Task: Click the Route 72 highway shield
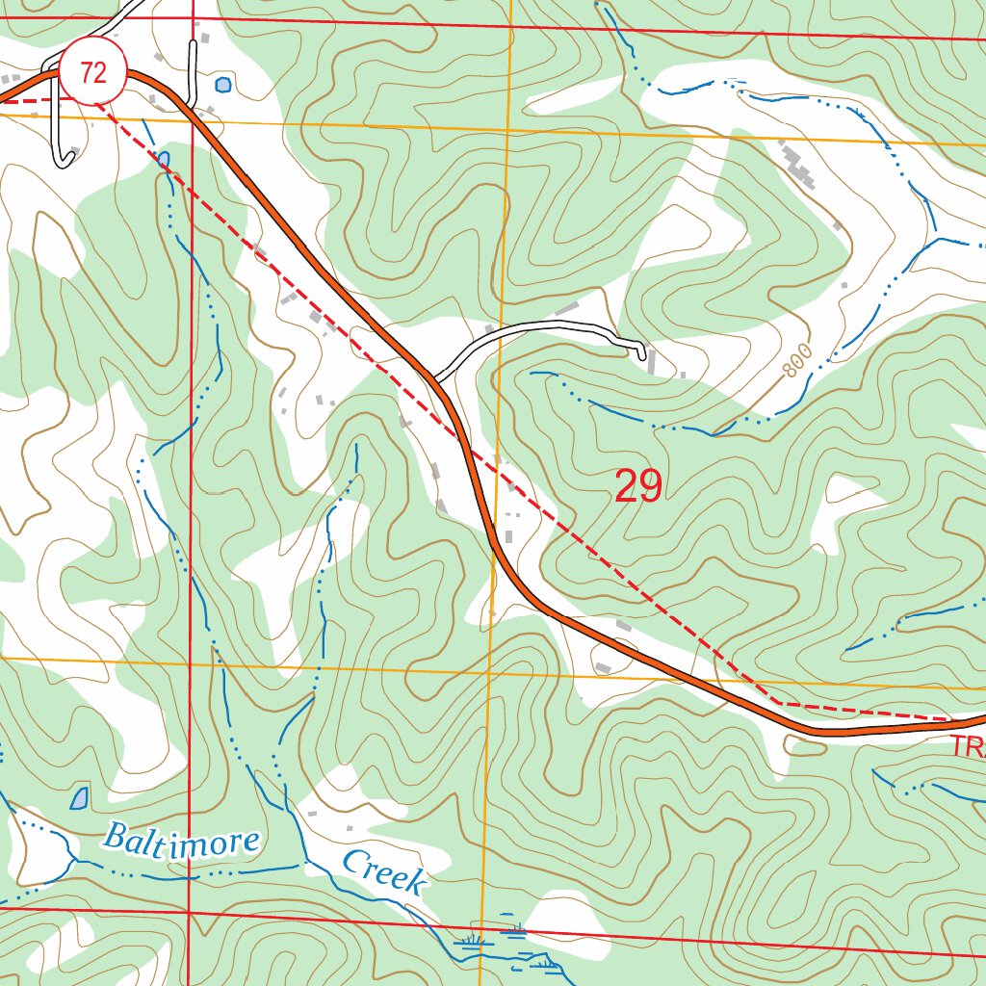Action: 93,73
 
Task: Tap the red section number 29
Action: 637,487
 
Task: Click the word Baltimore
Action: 181,840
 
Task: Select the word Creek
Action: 384,871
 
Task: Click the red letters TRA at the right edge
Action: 967,745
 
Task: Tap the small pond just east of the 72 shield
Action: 223,85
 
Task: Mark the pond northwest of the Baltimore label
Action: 79,797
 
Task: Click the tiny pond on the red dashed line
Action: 163,158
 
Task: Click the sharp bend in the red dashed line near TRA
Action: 776,704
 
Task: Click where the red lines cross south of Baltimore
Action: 189,911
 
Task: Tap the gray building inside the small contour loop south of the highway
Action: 604,667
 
